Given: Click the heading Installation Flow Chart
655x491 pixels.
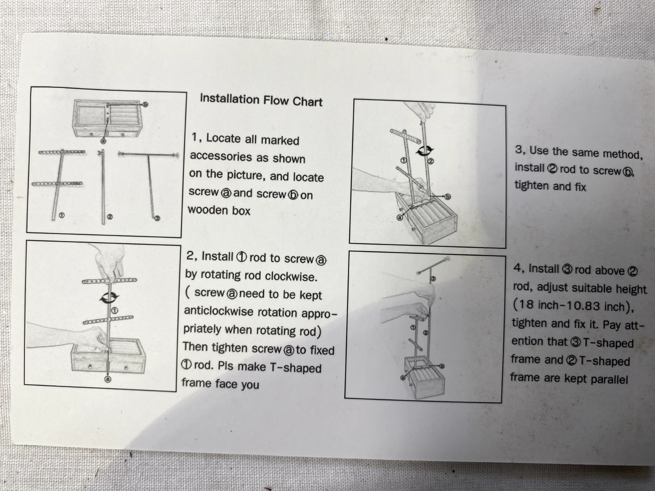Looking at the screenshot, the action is [261, 100].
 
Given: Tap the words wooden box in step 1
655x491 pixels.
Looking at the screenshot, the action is [219, 210].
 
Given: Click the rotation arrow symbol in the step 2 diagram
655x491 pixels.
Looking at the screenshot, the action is [109, 297].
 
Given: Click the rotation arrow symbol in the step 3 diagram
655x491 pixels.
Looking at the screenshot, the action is [425, 151].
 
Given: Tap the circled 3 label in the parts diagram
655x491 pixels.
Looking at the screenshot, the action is [158, 218].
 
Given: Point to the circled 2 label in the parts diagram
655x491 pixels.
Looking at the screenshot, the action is [110, 217].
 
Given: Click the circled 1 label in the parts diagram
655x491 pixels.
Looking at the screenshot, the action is [61, 215].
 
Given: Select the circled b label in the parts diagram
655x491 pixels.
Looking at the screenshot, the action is [145, 104].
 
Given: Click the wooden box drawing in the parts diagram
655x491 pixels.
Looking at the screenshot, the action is [107, 119].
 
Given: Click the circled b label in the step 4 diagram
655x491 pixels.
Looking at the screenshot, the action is [442, 366].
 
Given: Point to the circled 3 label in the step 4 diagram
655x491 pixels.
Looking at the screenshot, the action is [433, 279].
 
